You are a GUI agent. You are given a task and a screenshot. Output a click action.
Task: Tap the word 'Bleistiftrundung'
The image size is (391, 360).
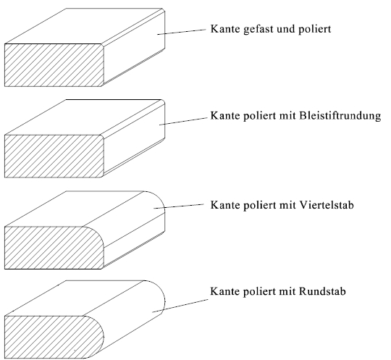[340, 116]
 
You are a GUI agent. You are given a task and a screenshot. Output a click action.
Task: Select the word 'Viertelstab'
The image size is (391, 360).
[326, 205]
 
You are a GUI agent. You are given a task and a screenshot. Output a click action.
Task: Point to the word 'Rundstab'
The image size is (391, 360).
[322, 291]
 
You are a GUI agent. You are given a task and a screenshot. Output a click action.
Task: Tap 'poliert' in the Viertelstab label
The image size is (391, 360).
[258, 205]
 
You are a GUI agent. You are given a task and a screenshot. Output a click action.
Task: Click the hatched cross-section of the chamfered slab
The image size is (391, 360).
[54, 65]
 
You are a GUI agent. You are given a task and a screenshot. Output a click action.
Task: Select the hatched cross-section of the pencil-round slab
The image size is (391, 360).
[54, 156]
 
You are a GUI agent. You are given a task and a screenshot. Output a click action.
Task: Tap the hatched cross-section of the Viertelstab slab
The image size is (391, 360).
[54, 248]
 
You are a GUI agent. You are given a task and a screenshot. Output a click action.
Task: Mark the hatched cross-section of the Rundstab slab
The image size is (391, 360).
[54, 337]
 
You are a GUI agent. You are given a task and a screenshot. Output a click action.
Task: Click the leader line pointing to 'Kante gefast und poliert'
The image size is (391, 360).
[182, 32]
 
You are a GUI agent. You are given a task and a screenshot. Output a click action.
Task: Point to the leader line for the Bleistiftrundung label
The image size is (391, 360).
[183, 121]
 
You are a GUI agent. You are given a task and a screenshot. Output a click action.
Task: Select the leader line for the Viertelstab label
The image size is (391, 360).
[179, 206]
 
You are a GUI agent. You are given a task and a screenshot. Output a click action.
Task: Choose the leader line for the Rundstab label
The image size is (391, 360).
[180, 306]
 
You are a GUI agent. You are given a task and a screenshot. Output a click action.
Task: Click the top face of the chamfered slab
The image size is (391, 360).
[84, 26]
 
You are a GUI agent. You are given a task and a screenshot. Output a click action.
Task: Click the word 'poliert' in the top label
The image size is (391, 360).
[315, 30]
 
